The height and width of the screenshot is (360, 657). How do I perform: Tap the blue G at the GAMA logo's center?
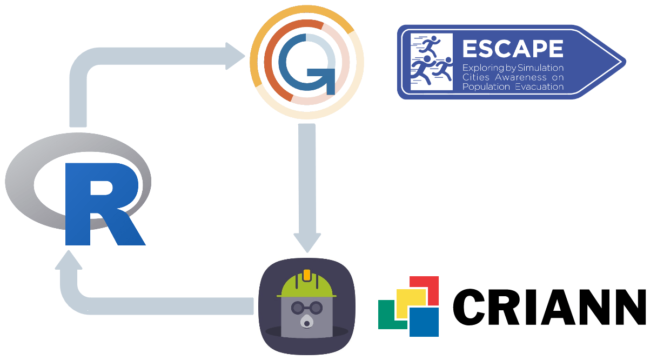pyautogui.click(x=306, y=62)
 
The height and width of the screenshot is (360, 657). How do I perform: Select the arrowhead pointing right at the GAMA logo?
pyautogui.click(x=236, y=56)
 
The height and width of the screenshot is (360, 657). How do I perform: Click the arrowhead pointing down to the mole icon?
pyautogui.click(x=307, y=242)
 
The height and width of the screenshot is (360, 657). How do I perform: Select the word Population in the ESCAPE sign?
pyautogui.click(x=482, y=86)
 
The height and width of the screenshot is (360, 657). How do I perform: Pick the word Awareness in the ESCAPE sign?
pyautogui.click(x=516, y=77)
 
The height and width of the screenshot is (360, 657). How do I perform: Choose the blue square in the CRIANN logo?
pyautogui.click(x=425, y=322)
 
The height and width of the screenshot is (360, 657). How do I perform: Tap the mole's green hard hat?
pyautogui.click(x=306, y=286)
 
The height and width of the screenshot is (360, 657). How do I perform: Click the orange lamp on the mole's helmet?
pyautogui.click(x=307, y=275)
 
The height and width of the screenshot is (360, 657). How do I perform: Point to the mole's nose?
pyautogui.click(x=307, y=323)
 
